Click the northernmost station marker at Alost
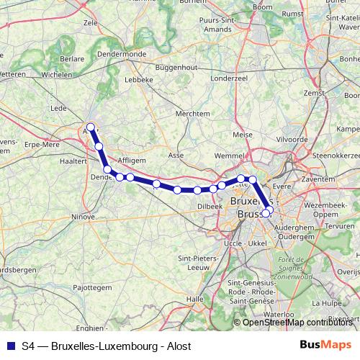pos(90,127)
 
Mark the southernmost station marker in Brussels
pos(266,212)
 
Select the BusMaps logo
pos(325,346)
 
